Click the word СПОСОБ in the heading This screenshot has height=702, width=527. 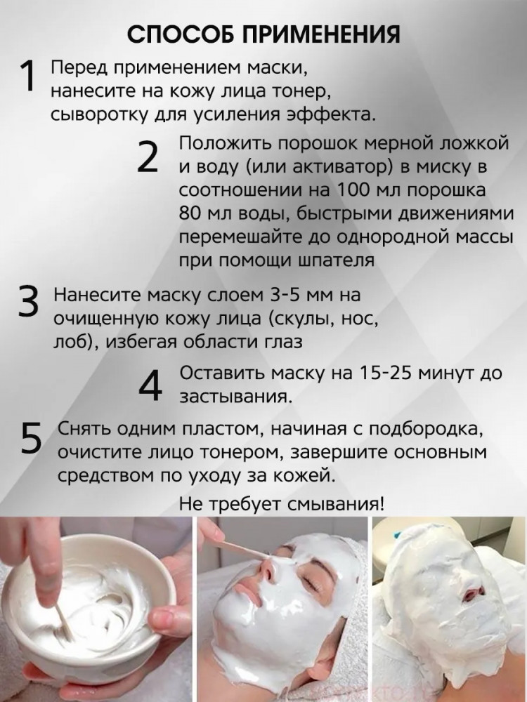(181, 34)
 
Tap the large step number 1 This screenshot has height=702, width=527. (27, 77)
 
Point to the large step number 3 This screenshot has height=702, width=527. (29, 301)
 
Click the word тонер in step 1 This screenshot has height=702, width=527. (297, 91)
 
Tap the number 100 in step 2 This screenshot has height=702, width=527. (351, 190)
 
